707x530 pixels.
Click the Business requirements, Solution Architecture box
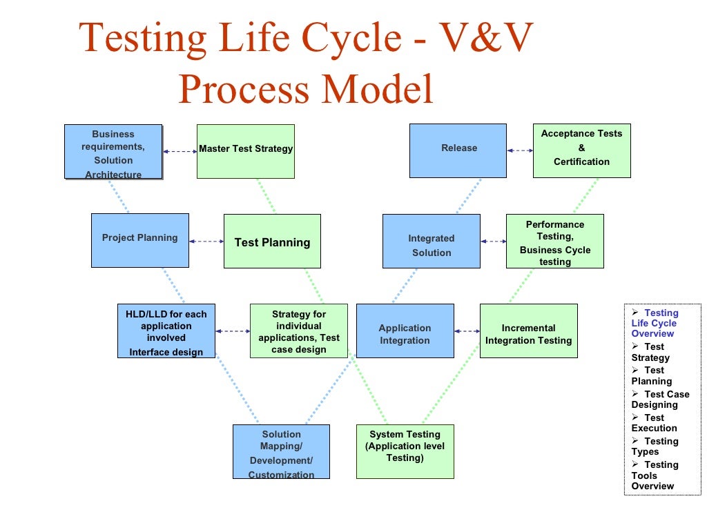click(113, 152)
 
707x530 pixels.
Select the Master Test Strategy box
click(246, 151)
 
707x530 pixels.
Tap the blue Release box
click(458, 150)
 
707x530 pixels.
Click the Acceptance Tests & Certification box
click(581, 150)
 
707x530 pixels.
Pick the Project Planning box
click(140, 240)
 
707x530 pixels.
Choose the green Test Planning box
click(272, 241)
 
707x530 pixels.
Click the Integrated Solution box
click(432, 241)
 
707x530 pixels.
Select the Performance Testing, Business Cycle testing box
click(555, 241)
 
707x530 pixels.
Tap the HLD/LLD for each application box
click(166, 331)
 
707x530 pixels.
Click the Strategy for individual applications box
click(299, 331)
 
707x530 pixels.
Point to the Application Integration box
click(405, 331)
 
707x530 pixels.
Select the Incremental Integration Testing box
click(528, 331)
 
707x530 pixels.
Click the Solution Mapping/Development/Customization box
click(281, 452)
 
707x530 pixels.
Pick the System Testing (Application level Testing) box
click(405, 451)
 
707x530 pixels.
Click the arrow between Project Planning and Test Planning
click(206, 242)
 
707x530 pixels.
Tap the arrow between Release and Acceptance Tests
click(520, 150)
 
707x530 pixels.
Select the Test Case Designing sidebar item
click(660, 400)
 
